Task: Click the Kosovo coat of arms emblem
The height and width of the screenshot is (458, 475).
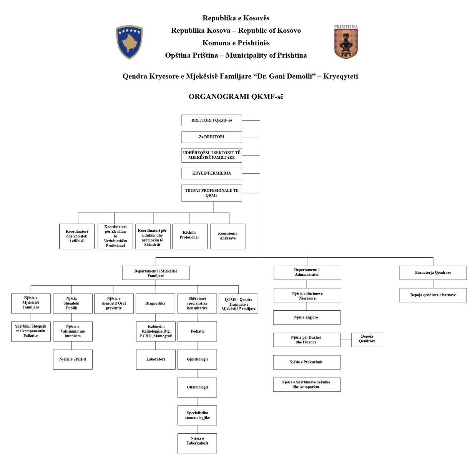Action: pos(129,42)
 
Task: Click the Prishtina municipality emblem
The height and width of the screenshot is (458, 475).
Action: pos(346,42)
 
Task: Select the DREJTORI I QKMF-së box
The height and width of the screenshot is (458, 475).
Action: pos(212,120)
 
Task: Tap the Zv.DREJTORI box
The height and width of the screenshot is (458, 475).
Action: pos(212,137)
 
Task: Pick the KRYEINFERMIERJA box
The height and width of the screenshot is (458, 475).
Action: pos(212,173)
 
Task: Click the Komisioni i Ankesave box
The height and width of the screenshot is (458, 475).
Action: pos(228,236)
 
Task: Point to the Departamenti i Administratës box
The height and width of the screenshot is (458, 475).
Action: pos(307,272)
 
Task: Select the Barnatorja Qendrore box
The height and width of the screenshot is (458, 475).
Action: pos(433,273)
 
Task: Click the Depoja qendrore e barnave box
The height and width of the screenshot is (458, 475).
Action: pos(433,295)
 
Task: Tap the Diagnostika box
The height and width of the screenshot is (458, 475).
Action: pos(155,303)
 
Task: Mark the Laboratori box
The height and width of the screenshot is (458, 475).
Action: pos(155,359)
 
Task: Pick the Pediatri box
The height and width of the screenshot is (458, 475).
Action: pos(197,331)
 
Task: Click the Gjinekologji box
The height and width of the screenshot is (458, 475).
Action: pos(197,359)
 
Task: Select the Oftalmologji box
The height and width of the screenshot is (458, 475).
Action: pos(197,387)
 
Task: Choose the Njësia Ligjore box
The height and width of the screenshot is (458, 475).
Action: pos(306,317)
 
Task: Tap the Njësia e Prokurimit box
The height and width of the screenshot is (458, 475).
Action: pos(306,362)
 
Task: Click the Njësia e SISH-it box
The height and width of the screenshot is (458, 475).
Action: pos(73,359)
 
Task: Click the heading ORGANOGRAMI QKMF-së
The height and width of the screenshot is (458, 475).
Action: pos(236,97)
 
